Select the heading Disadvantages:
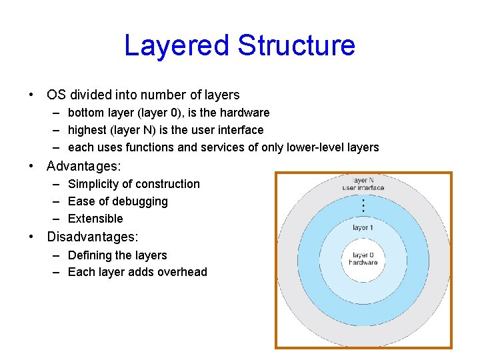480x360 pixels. [93, 237]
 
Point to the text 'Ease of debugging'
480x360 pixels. [118, 201]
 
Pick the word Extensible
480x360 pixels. [95, 219]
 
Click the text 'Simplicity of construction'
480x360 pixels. [134, 184]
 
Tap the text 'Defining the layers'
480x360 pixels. [117, 255]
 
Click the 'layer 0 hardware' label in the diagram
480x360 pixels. [363, 259]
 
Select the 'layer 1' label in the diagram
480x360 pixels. [363, 227]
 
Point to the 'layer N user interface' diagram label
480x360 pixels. [363, 184]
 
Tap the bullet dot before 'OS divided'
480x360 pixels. [32, 95]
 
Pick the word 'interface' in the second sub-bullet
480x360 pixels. [239, 130]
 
